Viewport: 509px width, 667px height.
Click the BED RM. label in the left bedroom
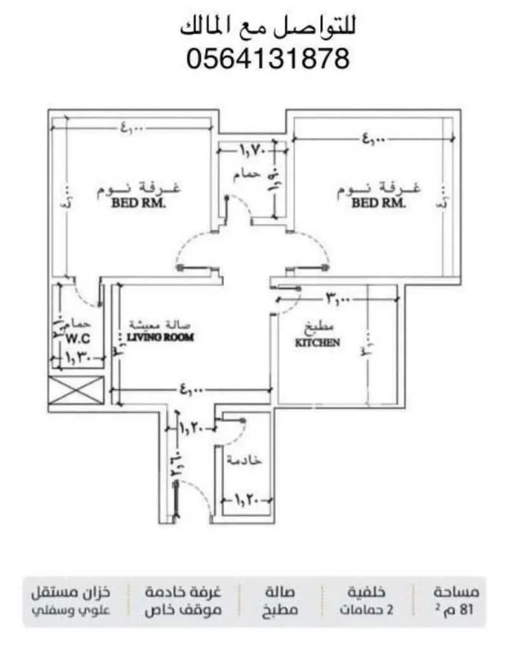pos(138,204)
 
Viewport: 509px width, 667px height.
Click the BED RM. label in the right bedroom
pos(379,204)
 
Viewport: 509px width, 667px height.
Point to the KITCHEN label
pos(317,342)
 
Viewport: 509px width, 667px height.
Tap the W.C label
pos(78,338)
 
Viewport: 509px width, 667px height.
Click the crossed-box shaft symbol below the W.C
pos(76,390)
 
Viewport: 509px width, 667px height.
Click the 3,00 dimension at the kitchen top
pos(338,297)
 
